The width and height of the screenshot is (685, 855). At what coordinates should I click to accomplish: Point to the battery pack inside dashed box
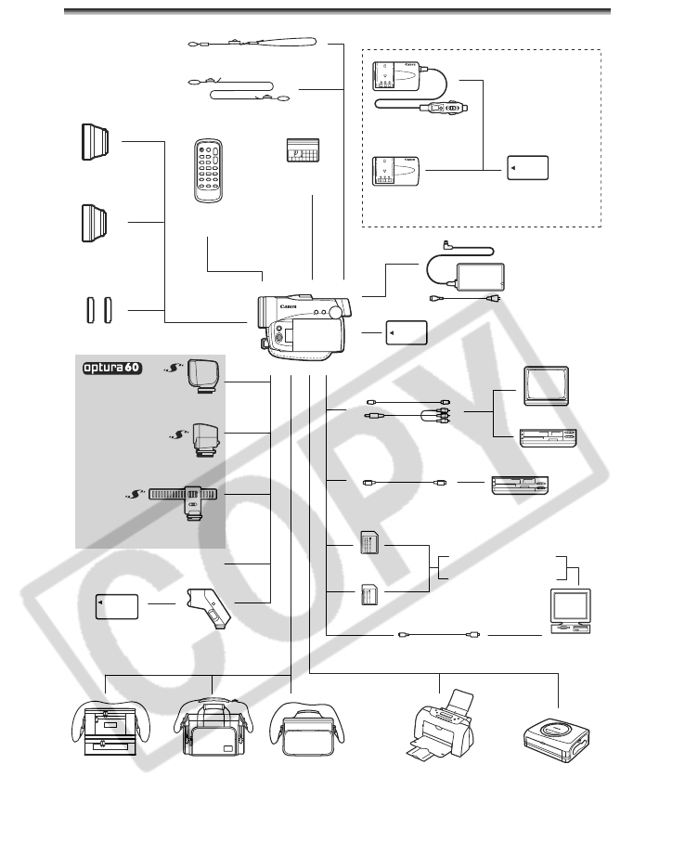[528, 168]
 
